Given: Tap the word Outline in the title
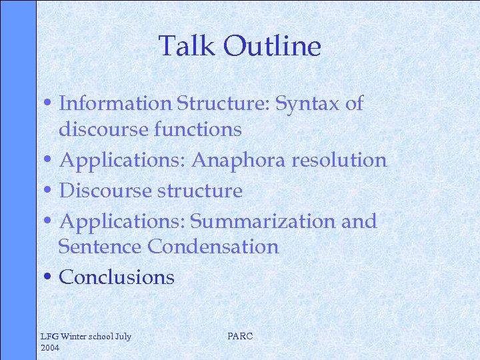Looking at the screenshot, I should coord(272,47).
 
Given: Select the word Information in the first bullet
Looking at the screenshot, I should coord(116,103).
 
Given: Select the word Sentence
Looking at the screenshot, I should coord(101,247).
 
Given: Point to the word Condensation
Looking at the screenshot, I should coord(213,247).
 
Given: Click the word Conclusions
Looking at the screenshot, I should coord(117,277).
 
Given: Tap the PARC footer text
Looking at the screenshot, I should coord(240,337).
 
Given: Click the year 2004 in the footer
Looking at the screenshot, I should coord(51,348).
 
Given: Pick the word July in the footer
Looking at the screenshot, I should coord(123,337).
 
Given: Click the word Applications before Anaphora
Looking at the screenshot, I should coord(123,161).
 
